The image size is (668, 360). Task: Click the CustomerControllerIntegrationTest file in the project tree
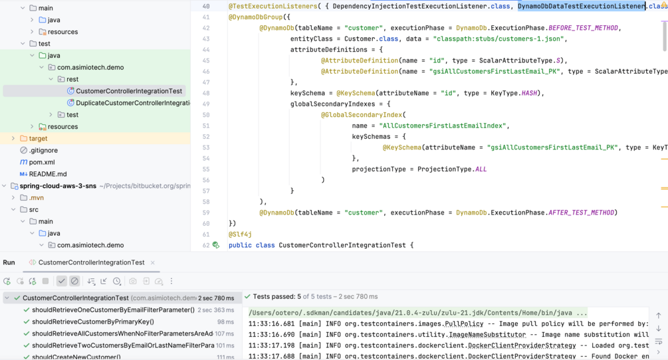(129, 91)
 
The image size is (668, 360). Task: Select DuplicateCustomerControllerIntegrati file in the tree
(133, 103)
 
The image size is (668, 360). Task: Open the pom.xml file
(42, 162)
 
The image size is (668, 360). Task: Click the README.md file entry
(48, 174)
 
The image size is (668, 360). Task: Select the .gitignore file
(43, 150)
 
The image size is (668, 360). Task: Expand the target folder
(13, 138)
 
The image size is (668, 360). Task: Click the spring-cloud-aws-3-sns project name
(58, 186)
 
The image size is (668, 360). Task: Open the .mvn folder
(36, 198)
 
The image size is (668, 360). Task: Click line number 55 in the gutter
(206, 169)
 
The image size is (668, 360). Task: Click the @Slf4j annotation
(240, 234)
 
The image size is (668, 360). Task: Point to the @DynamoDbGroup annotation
(256, 17)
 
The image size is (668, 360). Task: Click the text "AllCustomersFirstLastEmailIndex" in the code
(442, 126)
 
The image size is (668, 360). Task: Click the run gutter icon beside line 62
(216, 245)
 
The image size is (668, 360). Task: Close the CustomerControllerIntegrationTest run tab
(152, 262)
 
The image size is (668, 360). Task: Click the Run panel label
(9, 262)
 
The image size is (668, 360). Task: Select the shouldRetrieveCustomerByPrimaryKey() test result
(93, 321)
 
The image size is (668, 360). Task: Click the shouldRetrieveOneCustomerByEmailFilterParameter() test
(113, 310)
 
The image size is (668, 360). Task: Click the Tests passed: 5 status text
(277, 297)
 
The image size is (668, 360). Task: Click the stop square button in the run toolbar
(46, 281)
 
